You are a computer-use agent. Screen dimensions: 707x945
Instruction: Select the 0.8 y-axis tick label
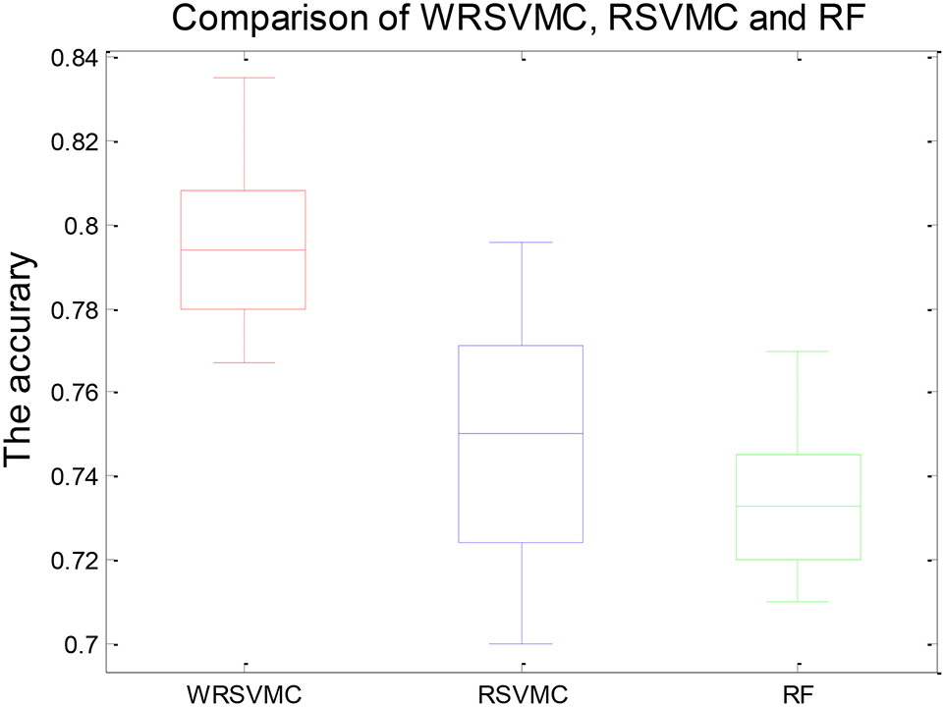(x=80, y=226)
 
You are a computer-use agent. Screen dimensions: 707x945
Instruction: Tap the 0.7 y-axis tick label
(x=80, y=645)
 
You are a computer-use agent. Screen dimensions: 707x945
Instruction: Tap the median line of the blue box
(x=522, y=433)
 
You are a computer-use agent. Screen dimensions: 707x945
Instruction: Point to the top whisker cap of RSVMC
(x=522, y=242)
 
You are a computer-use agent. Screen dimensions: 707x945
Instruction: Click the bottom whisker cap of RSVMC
(x=522, y=644)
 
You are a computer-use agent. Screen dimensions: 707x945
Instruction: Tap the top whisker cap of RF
(x=799, y=351)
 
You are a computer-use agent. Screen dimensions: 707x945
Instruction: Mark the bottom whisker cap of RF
(x=799, y=601)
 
